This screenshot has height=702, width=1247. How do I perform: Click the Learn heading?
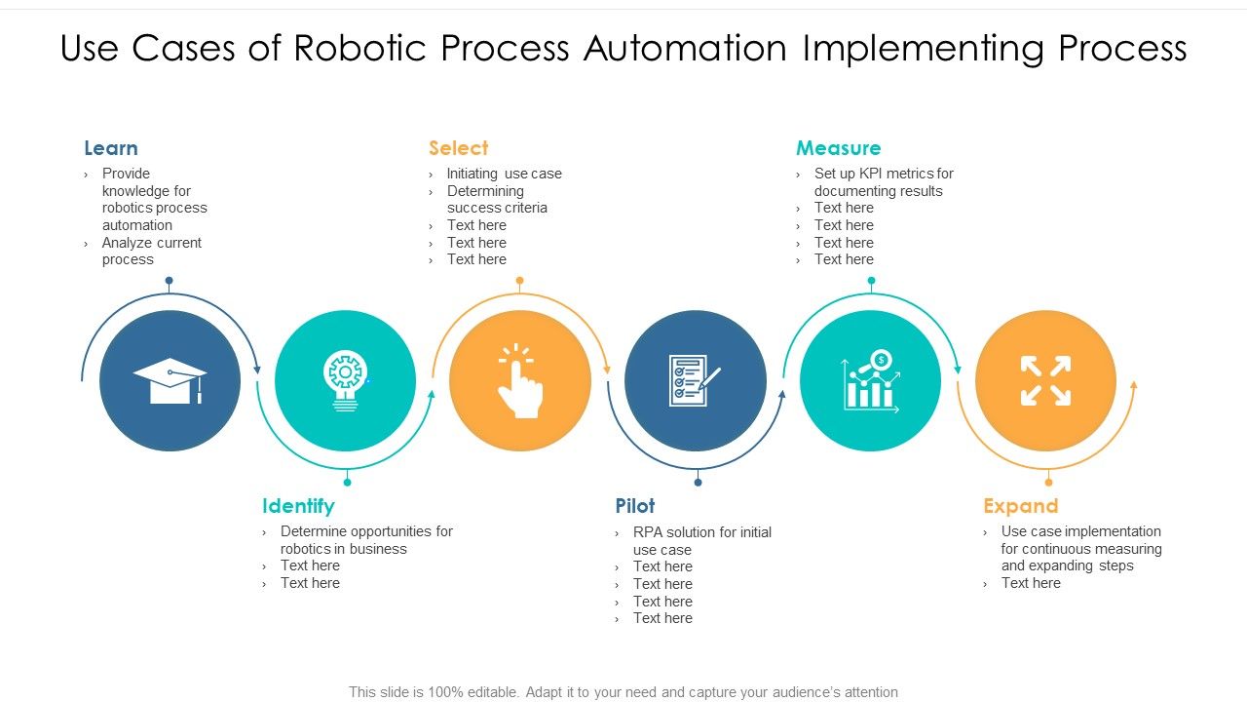tap(110, 148)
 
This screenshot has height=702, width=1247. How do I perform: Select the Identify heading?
tap(298, 506)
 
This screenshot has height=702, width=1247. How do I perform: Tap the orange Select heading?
tap(458, 148)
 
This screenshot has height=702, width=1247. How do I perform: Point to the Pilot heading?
tap(634, 506)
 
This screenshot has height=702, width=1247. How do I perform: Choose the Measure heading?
tap(838, 148)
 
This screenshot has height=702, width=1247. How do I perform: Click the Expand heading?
tap(1020, 506)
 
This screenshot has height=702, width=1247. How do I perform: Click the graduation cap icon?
tap(170, 380)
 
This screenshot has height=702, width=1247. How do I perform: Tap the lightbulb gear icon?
tap(345, 380)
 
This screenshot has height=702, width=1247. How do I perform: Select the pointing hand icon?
tap(519, 381)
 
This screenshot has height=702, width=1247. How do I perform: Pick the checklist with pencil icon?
tap(695, 380)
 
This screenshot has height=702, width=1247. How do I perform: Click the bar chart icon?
tap(870, 381)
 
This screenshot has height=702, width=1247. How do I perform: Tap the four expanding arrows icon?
tap(1045, 380)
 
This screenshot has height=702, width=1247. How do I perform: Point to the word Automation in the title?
tap(685, 48)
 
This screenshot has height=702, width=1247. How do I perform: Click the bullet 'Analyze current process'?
tap(151, 251)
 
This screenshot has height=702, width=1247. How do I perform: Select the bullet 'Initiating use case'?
tap(504, 174)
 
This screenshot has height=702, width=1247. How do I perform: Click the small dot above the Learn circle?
tap(169, 281)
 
